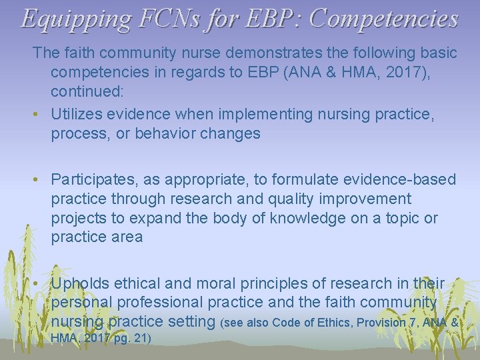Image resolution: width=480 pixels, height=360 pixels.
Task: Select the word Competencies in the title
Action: (x=385, y=19)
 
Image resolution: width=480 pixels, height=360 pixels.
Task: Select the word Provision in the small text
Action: (x=382, y=323)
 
